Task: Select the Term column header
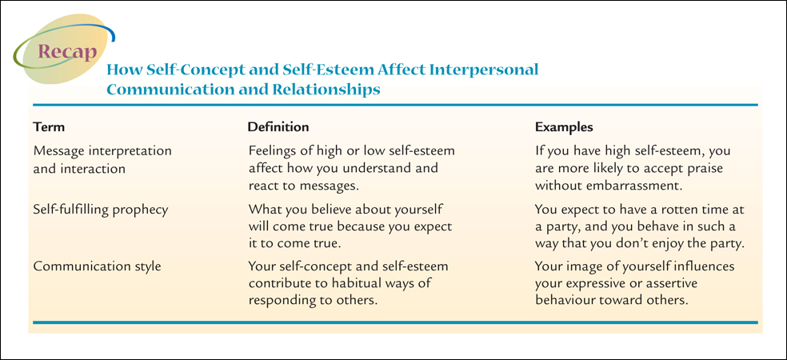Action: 49,127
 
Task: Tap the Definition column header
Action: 278,127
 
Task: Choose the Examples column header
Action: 564,127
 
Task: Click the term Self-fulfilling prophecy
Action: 101,210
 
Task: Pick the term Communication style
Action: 97,266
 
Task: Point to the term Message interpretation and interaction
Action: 102,160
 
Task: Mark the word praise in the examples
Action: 707,169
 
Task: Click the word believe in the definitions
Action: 331,210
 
